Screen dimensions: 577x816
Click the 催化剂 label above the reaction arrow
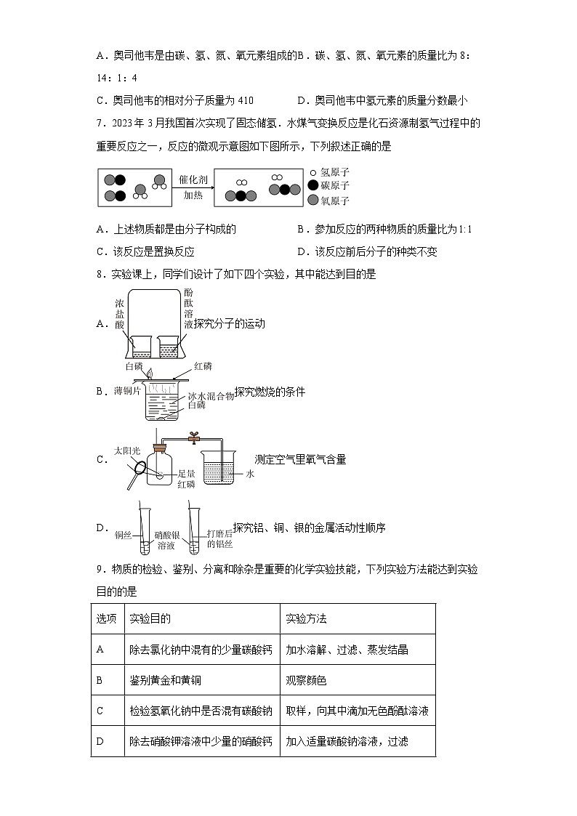click(193, 178)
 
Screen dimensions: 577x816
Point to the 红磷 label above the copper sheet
click(203, 365)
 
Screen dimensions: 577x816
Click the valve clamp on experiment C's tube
click(194, 437)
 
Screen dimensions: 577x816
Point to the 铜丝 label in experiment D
click(123, 538)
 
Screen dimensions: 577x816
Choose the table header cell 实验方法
click(307, 619)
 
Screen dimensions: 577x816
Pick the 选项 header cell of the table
click(106, 619)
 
